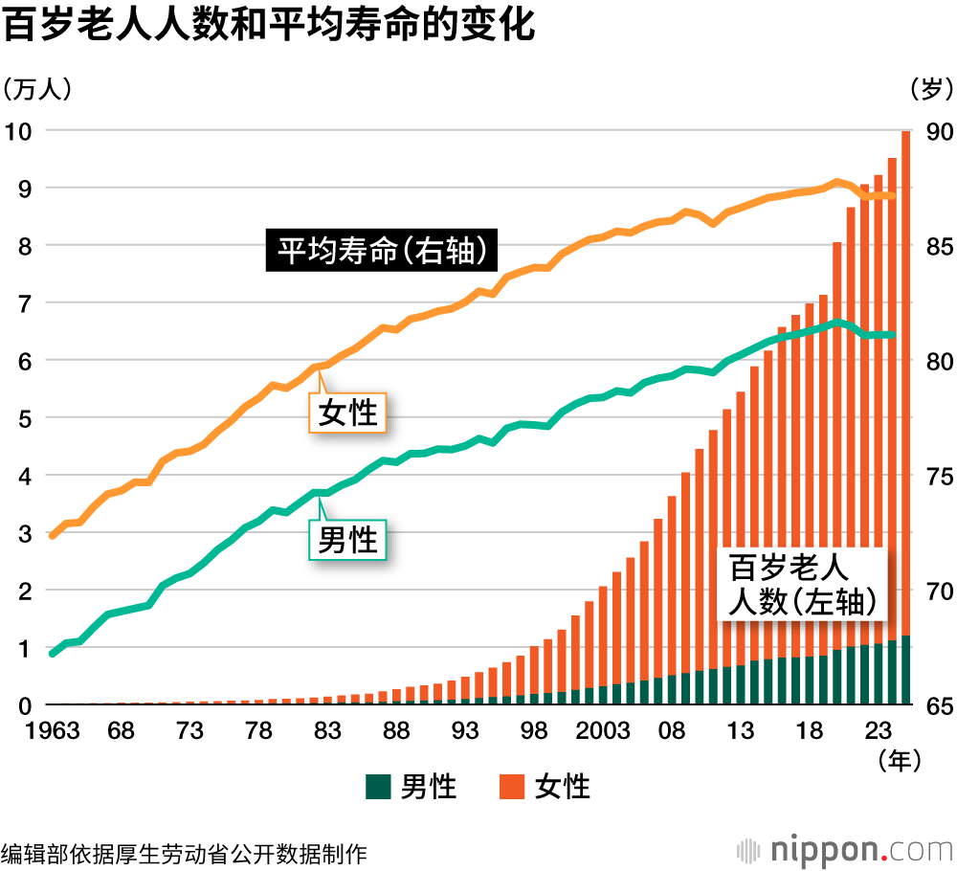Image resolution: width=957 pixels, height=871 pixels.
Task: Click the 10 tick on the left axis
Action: pyautogui.click(x=20, y=130)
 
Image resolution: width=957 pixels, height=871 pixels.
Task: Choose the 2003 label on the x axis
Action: pyautogui.click(x=603, y=732)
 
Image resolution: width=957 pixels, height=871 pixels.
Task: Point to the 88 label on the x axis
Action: pyautogui.click(x=396, y=732)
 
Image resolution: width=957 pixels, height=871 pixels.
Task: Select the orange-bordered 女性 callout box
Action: pyautogui.click(x=347, y=413)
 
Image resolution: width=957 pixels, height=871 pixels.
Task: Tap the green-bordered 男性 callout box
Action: pyautogui.click(x=347, y=540)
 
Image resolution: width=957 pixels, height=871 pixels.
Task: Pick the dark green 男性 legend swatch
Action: pyautogui.click(x=378, y=787)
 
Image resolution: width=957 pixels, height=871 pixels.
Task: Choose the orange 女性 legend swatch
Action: pyautogui.click(x=512, y=787)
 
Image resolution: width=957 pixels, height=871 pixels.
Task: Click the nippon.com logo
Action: pyautogui.click(x=842, y=849)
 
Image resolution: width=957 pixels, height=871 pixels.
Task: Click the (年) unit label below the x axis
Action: pyautogui.click(x=899, y=761)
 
